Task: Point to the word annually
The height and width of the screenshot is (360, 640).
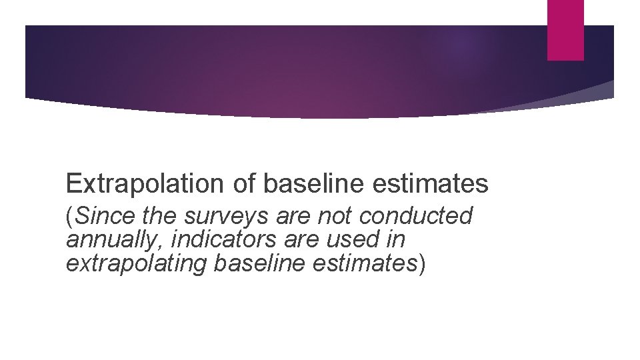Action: (113, 239)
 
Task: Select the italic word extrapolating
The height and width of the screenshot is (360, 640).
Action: (137, 263)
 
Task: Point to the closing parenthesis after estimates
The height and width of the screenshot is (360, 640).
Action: (421, 263)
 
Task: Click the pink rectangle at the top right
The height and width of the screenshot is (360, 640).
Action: (565, 30)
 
